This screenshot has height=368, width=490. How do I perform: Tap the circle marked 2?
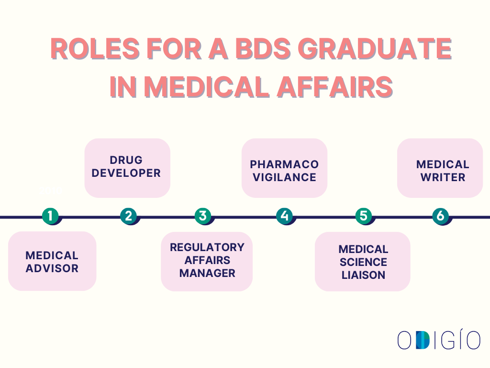128,216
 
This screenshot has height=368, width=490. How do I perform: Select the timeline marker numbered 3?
203,216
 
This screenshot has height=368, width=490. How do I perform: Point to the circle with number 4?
285,216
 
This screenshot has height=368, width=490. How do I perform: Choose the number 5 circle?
364,216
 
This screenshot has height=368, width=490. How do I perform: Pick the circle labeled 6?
440,216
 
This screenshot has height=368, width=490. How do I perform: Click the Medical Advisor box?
52,261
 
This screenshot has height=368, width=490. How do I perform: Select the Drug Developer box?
127,168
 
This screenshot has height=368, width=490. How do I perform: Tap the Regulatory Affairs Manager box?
207,261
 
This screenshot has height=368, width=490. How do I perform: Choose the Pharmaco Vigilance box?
284,168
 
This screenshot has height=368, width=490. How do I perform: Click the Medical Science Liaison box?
363,262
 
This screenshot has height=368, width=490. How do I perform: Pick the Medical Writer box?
440,168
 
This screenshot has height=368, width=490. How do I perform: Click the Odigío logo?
438,340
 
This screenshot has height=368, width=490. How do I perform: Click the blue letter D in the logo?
423,340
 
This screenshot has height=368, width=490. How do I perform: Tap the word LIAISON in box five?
363,275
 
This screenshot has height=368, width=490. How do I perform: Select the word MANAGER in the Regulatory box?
207,273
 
